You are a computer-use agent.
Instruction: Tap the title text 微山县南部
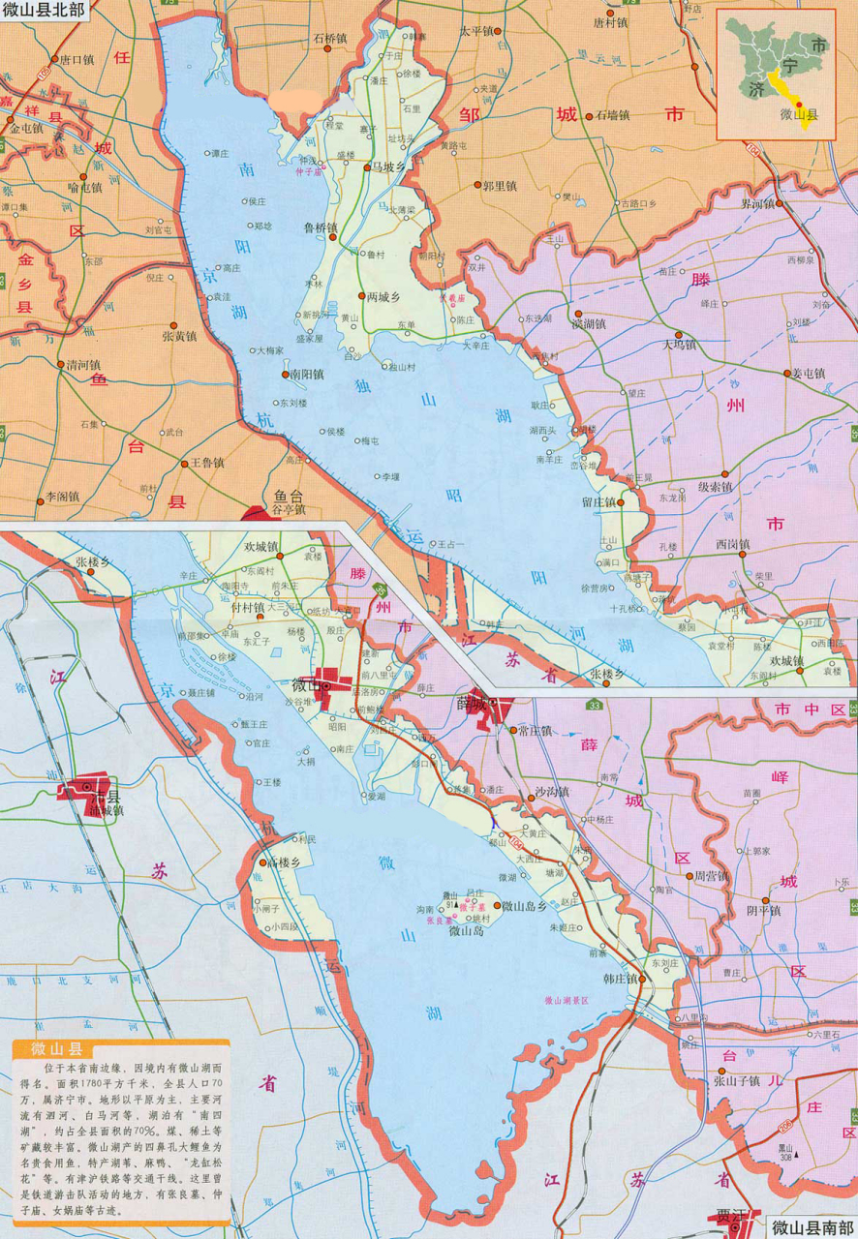pyautogui.click(x=812, y=1227)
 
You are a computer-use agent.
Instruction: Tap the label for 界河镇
pyautogui.click(x=758, y=204)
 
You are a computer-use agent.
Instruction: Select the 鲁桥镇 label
pyautogui.click(x=320, y=228)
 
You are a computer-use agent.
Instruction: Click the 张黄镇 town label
pyautogui.click(x=178, y=336)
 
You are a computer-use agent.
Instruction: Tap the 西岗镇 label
pyautogui.click(x=733, y=544)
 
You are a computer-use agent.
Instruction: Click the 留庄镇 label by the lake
pyautogui.click(x=598, y=502)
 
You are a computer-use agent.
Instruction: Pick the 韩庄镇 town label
pyautogui.click(x=619, y=979)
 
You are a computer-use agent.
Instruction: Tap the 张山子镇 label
pyautogui.click(x=741, y=1082)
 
